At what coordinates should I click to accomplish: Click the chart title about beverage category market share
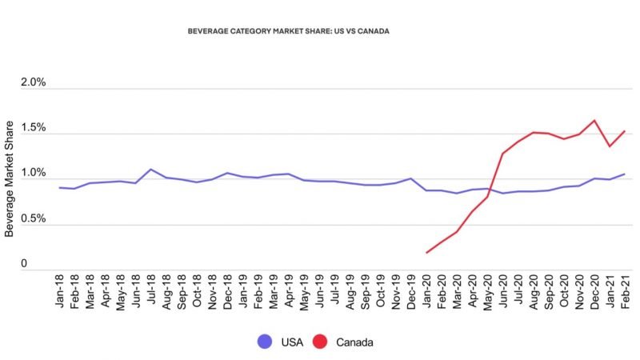(x=288, y=31)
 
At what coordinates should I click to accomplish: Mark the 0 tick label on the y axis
(x=24, y=264)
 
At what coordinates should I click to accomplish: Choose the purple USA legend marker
(x=264, y=342)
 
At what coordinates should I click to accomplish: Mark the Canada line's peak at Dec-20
(x=594, y=121)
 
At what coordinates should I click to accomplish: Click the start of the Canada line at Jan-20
(x=426, y=253)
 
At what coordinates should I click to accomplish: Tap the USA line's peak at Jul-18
(x=150, y=169)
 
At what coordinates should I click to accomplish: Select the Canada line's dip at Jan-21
(x=609, y=146)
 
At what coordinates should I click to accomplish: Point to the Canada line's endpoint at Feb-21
(x=624, y=131)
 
